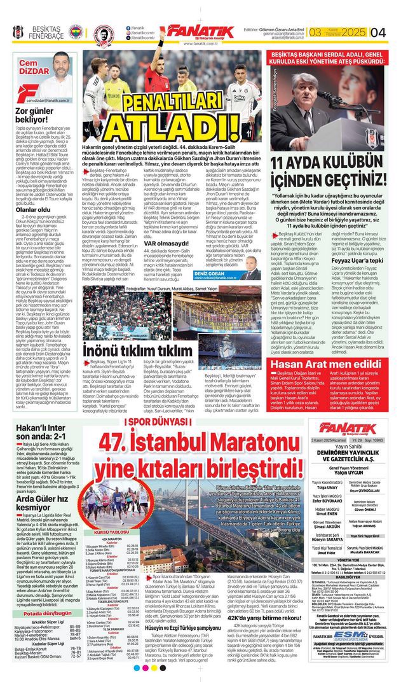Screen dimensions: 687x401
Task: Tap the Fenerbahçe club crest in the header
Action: (x=76, y=31)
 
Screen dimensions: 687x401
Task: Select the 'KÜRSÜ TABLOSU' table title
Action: (x=111, y=532)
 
